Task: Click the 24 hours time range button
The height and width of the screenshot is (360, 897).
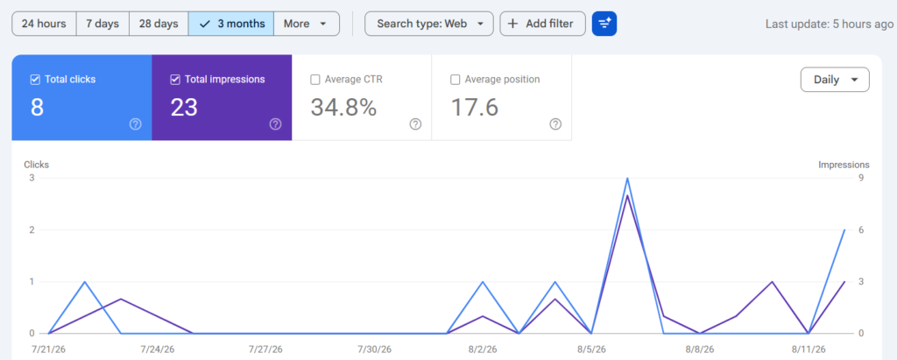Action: (44, 24)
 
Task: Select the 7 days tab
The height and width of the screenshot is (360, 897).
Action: (102, 24)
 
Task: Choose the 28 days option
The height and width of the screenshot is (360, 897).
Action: (159, 24)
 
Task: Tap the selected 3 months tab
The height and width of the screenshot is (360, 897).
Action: (231, 24)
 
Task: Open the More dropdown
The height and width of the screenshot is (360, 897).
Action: (306, 24)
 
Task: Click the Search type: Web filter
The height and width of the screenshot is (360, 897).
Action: (428, 24)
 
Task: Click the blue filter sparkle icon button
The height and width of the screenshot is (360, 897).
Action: (604, 24)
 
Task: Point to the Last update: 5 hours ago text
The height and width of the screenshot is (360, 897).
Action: (830, 24)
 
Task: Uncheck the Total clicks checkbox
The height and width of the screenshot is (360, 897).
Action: (35, 80)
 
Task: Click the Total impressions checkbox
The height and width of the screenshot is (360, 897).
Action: (175, 80)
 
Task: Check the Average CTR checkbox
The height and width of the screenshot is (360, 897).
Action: (315, 80)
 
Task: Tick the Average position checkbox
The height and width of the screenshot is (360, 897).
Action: (456, 80)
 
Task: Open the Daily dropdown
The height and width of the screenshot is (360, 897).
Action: (835, 80)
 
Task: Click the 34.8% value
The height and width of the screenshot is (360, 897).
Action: (343, 107)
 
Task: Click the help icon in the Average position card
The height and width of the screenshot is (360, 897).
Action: (555, 124)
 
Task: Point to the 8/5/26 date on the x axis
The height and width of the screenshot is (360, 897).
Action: (592, 349)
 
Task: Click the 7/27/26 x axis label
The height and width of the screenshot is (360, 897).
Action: (265, 349)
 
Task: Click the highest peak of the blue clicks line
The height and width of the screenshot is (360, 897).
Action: (627, 178)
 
